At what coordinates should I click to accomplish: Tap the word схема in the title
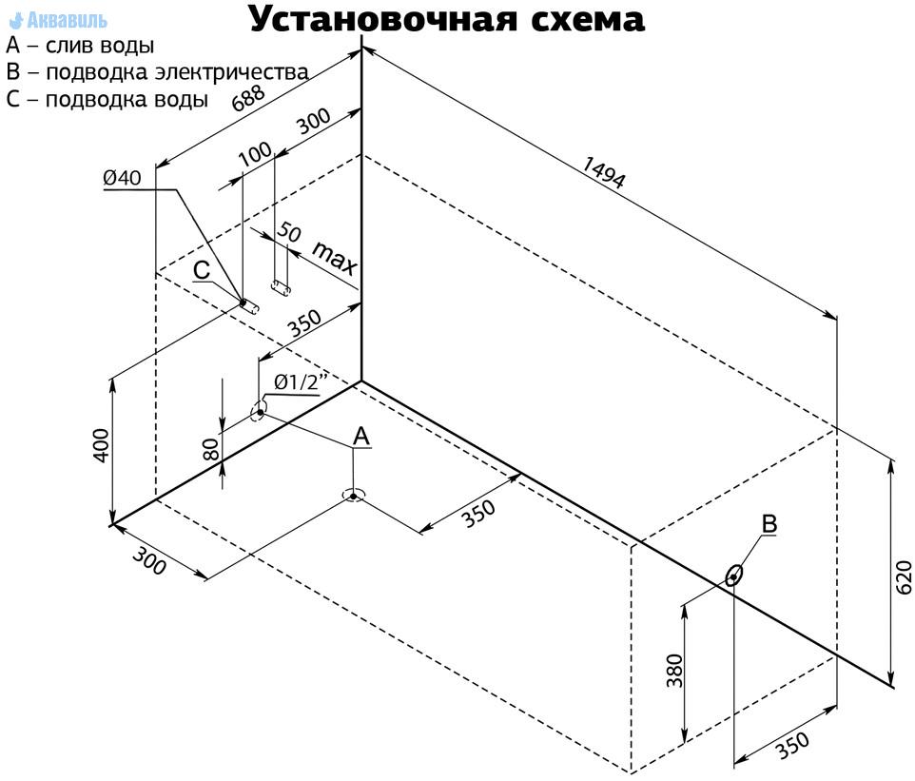click(588, 20)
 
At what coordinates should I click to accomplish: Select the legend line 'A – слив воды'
click(80, 46)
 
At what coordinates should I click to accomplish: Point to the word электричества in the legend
click(232, 72)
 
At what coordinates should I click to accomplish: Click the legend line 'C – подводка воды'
click(107, 99)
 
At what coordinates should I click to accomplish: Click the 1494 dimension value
click(604, 172)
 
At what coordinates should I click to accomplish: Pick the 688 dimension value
click(248, 97)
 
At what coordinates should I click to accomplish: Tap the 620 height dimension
click(903, 577)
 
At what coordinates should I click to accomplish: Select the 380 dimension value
click(674, 671)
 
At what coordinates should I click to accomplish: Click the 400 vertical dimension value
click(101, 445)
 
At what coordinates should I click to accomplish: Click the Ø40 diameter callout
click(122, 178)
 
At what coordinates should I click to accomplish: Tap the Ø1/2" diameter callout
click(302, 381)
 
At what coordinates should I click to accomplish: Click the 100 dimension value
click(256, 153)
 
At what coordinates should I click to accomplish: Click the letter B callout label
click(769, 523)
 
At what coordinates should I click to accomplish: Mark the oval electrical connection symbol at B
click(733, 576)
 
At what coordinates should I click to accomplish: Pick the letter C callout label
click(202, 270)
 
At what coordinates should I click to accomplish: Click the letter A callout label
click(361, 436)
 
